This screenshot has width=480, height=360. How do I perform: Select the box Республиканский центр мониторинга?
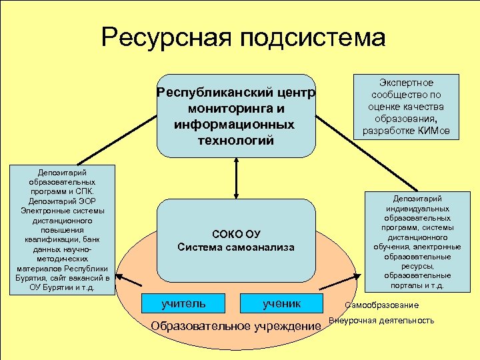[236, 115]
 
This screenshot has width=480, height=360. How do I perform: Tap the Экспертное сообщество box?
[406, 107]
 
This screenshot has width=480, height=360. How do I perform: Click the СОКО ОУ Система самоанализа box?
[236, 241]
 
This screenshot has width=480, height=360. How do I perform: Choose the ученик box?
[281, 304]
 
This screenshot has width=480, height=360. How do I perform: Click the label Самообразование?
[382, 305]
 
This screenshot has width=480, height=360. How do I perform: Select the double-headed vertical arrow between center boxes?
[237, 178]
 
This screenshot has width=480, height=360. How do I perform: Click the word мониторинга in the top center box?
[237, 108]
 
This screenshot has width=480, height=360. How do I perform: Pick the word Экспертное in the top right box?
[406, 83]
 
